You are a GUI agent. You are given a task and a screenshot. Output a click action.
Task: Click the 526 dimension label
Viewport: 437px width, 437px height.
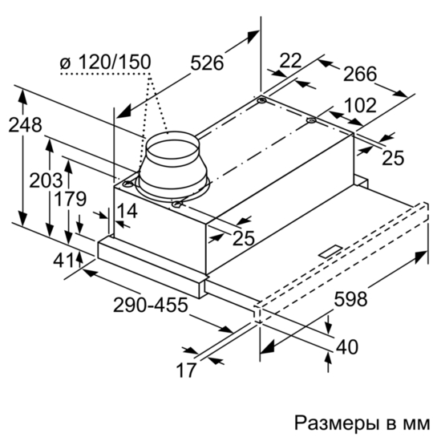pos(207,63)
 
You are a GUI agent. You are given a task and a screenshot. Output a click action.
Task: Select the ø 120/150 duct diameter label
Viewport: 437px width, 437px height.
pos(105,62)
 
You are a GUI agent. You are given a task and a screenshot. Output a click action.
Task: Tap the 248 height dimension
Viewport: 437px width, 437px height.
pos(25,125)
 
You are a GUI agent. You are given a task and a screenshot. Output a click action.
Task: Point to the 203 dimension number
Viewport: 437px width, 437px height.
pos(46,180)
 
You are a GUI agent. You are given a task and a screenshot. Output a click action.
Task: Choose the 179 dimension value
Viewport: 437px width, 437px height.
pos(70,199)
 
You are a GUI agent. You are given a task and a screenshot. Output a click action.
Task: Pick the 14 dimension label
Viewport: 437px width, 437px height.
pos(127,211)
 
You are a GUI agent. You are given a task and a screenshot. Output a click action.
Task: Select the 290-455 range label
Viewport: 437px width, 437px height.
pos(151,305)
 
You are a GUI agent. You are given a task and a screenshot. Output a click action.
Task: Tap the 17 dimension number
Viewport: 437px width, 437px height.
pos(186,370)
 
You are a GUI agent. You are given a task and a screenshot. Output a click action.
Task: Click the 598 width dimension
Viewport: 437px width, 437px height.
pos(351,299)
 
